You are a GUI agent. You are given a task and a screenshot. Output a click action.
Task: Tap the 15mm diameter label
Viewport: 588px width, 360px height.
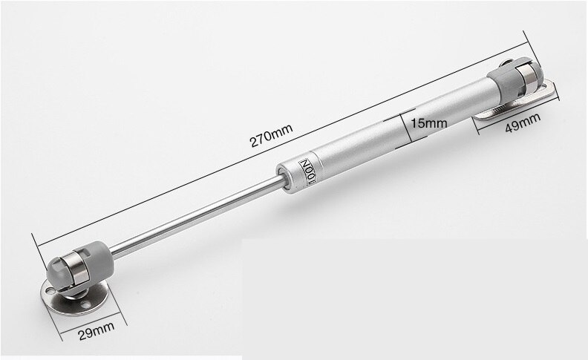coord(426,122)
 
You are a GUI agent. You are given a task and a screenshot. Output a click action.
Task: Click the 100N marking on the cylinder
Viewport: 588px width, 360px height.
coord(308,169)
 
